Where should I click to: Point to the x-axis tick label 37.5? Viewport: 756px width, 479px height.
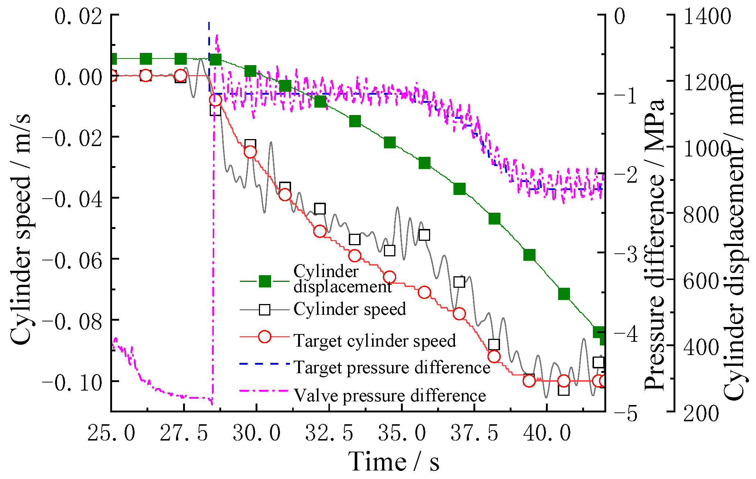tap(474, 433)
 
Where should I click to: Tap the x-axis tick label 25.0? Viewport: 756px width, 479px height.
tap(111, 433)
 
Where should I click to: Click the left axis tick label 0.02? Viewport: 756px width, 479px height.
tap(78, 17)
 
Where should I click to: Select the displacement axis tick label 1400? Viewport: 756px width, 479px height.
tap(707, 17)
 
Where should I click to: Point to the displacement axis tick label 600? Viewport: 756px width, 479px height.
tap(701, 281)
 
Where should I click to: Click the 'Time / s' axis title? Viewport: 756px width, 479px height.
tap(394, 462)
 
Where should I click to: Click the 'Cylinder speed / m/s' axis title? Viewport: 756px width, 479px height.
tap(20, 229)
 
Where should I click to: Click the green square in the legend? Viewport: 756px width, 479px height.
tap(265, 281)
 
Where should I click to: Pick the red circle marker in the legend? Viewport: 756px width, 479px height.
tap(265, 337)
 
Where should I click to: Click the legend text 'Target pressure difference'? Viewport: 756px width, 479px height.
tap(392, 367)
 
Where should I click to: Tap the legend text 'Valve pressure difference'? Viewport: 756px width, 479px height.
tap(389, 395)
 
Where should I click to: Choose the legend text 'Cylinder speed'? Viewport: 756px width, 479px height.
tap(350, 309)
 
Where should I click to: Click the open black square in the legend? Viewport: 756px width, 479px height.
tap(265, 309)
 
